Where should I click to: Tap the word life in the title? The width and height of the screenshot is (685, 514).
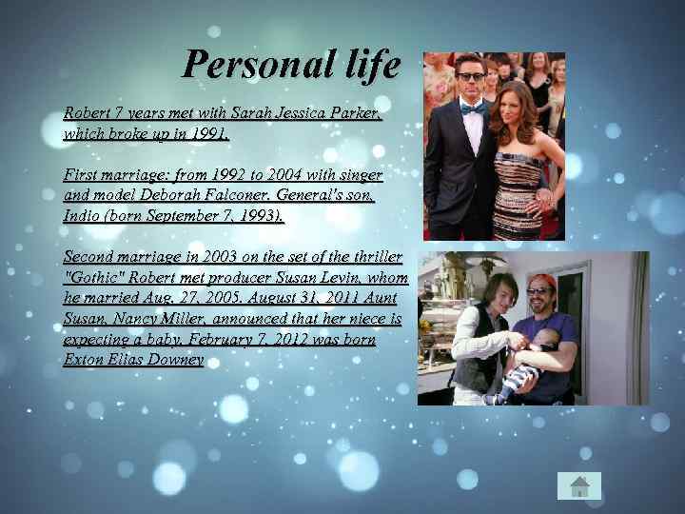[x=365, y=65]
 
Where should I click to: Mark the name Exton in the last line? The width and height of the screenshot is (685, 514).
[x=83, y=360]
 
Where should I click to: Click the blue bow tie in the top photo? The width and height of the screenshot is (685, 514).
[x=472, y=109]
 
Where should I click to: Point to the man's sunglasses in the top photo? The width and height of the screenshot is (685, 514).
[x=471, y=77]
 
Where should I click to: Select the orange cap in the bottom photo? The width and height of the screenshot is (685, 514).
[x=541, y=282]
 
